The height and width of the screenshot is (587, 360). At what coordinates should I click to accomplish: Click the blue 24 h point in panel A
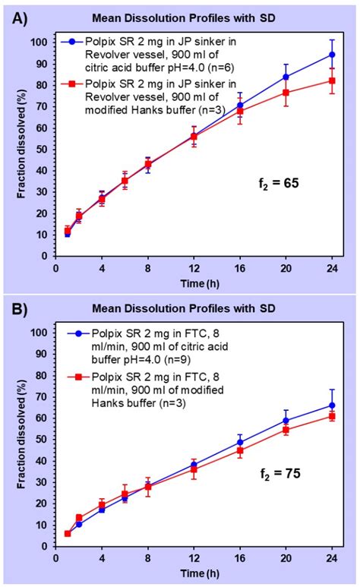(x=332, y=55)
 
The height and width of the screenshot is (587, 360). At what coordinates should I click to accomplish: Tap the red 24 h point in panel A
(x=332, y=80)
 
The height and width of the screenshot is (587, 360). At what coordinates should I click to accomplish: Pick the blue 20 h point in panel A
(x=286, y=77)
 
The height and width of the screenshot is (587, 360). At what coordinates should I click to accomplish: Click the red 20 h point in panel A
(x=286, y=93)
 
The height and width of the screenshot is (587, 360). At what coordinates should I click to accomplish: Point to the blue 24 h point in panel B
(x=332, y=406)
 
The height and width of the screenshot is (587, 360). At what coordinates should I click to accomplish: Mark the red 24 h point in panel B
(x=332, y=416)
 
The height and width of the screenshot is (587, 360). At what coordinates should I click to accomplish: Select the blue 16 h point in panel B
(x=240, y=442)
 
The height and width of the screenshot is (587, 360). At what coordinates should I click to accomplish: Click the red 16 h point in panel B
(x=240, y=450)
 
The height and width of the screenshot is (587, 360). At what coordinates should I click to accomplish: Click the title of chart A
(x=197, y=17)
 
